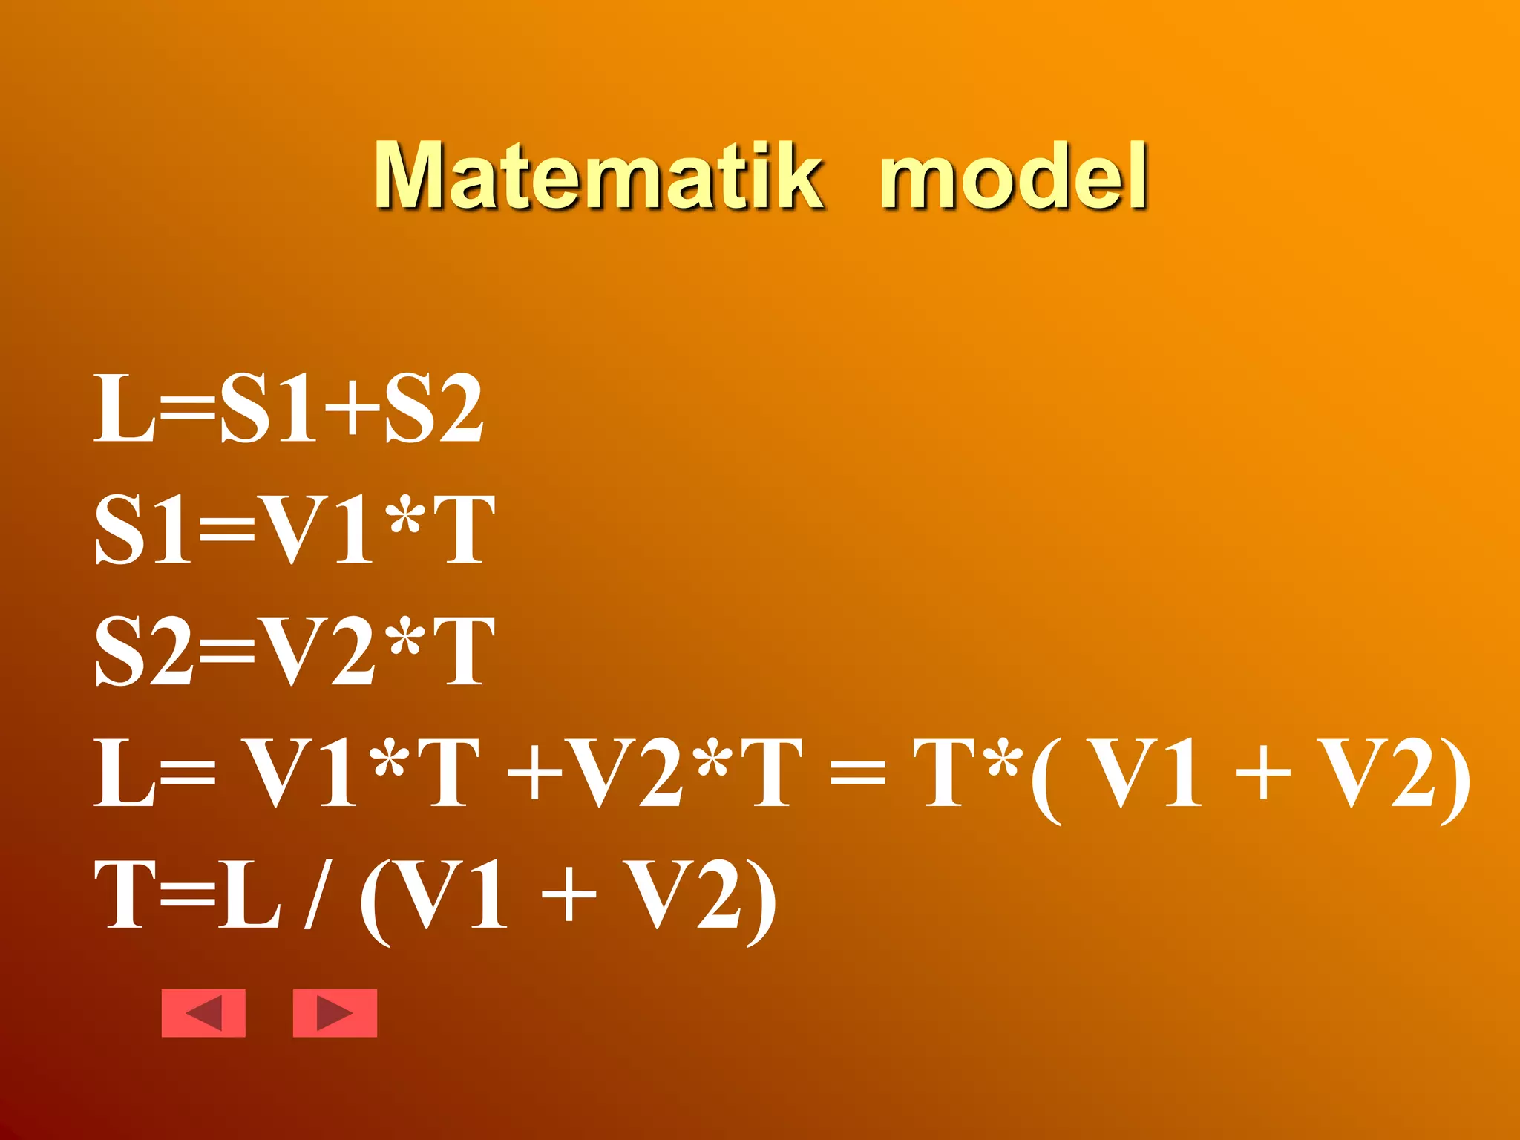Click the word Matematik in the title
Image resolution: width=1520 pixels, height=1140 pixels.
[598, 175]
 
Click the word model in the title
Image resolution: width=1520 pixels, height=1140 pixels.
[1014, 175]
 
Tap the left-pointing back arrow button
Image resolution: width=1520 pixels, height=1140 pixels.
[203, 1012]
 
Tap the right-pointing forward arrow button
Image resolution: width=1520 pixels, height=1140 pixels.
[335, 1012]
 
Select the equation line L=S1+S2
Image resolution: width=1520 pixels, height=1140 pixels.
[288, 409]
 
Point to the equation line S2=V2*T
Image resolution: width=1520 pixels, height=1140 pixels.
[295, 651]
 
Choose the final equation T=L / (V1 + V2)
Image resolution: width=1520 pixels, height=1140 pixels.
[435, 895]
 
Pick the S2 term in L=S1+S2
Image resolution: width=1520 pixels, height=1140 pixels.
[434, 409]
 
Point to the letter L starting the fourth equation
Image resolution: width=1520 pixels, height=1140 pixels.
[123, 773]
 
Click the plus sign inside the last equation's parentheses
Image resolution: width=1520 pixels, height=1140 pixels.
[569, 895]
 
